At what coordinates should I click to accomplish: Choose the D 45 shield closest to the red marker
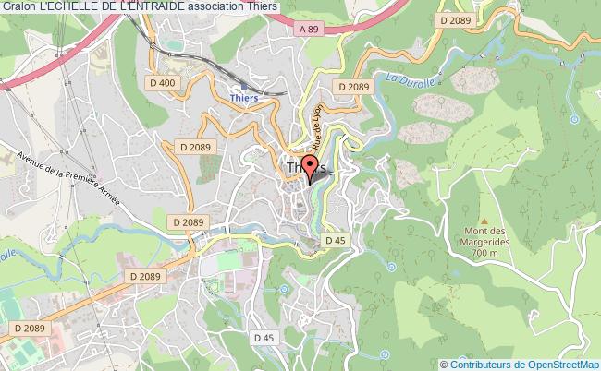(x=335, y=240)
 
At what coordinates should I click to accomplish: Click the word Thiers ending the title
(x=267, y=7)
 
